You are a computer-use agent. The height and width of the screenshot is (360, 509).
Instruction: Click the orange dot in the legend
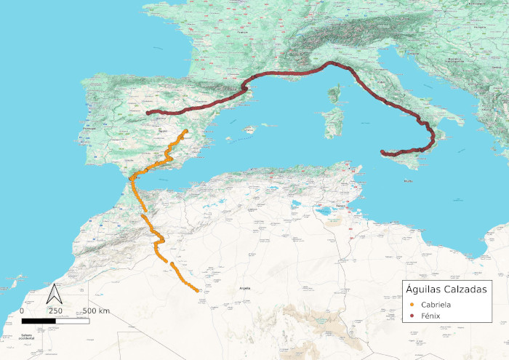pos(412,304)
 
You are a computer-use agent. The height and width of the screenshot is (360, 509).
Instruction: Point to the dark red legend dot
pos(412,316)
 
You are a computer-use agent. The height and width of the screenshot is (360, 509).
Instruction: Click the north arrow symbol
pos(54,294)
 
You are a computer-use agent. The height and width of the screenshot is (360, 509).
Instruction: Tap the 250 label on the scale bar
pos(55,311)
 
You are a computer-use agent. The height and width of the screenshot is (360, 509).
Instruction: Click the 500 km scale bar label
pos(95,311)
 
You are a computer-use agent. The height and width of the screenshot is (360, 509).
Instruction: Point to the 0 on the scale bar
pos(22,311)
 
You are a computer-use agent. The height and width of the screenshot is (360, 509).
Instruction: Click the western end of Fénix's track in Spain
pos(148,113)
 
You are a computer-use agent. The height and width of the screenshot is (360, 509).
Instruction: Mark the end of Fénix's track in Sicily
pos(382,152)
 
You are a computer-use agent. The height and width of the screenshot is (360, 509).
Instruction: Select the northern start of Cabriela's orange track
pos(187,131)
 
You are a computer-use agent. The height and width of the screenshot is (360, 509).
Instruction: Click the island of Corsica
pos(335,95)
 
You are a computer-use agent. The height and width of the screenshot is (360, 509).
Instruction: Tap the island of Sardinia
pos(333,124)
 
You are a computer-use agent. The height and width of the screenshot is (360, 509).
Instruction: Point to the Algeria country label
pos(245,289)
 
